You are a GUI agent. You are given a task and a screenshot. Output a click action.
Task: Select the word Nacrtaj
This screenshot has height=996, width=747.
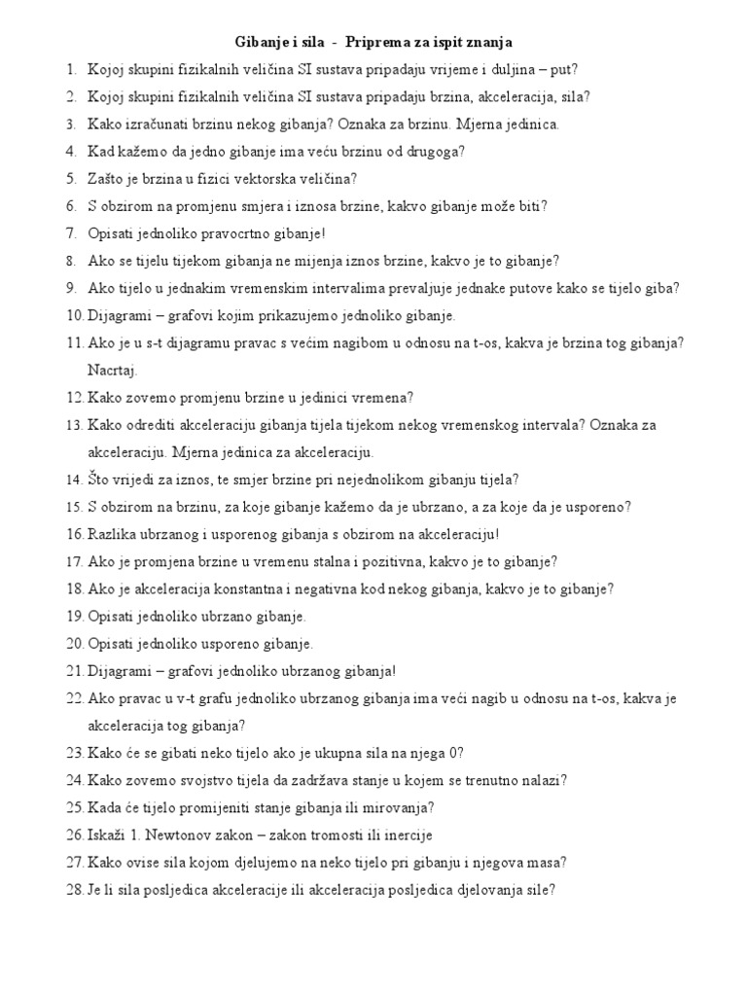pos(113,371)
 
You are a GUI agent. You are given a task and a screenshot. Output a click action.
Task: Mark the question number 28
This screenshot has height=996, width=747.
pos(74,889)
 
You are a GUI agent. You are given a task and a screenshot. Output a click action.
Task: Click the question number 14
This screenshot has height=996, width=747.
pos(74,480)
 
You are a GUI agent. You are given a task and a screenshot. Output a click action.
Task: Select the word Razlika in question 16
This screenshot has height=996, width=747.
pos(112,534)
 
